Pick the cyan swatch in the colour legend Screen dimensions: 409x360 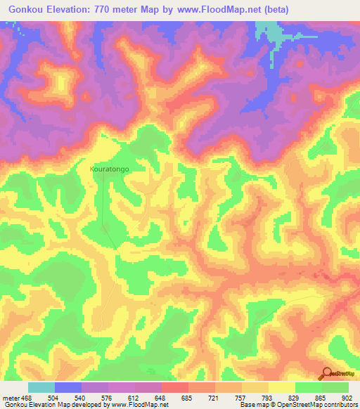pos(41,387)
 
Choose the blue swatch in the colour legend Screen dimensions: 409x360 pos(68,387)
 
